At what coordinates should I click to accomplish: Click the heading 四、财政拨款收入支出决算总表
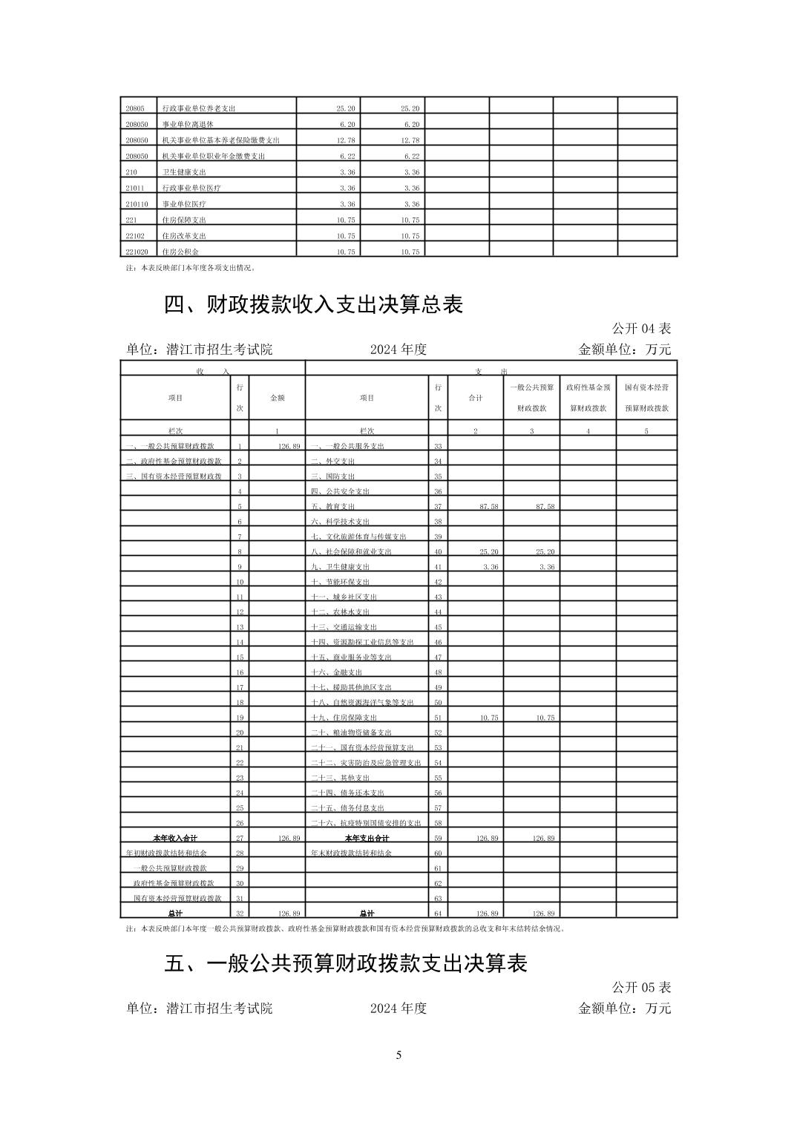point(313,304)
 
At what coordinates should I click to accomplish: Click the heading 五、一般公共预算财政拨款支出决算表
point(345,963)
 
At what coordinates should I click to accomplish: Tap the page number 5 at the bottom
point(398,1055)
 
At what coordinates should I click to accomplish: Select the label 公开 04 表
point(641,328)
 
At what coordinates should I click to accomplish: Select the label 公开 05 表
point(641,987)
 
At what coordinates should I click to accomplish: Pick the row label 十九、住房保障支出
point(344,718)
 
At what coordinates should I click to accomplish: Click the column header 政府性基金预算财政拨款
point(588,398)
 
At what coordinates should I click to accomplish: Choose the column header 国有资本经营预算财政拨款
point(646,398)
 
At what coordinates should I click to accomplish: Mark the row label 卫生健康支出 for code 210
point(184,172)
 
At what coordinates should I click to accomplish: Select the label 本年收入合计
point(175,838)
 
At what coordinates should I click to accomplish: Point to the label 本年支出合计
point(367,838)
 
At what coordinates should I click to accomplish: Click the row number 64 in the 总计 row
point(438,914)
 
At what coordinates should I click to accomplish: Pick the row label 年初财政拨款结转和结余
point(167,853)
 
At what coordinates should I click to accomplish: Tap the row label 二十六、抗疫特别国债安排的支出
point(366,823)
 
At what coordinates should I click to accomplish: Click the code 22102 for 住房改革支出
point(135,236)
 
